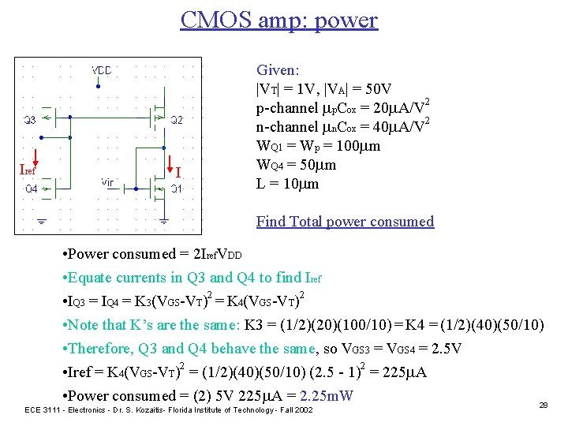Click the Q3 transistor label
coord(28,120)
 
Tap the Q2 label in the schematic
coord(177,120)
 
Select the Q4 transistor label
coord(31,189)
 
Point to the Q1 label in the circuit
coord(177,189)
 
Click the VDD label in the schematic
coord(102,69)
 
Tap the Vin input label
coord(108,181)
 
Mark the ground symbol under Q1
coord(163,222)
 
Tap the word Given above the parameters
coord(276,70)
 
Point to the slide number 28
coord(542,404)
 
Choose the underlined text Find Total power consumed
coord(345,222)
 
